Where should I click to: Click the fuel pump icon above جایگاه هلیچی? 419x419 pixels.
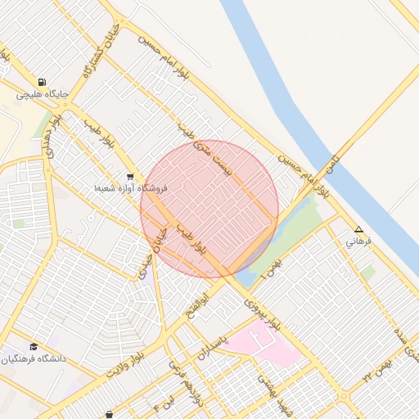(x=41, y=82)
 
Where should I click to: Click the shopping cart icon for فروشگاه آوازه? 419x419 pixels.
(x=130, y=177)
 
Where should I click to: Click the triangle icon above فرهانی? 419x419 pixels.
(x=358, y=229)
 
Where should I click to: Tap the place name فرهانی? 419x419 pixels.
(x=358, y=242)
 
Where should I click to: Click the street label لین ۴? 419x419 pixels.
(x=161, y=403)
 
